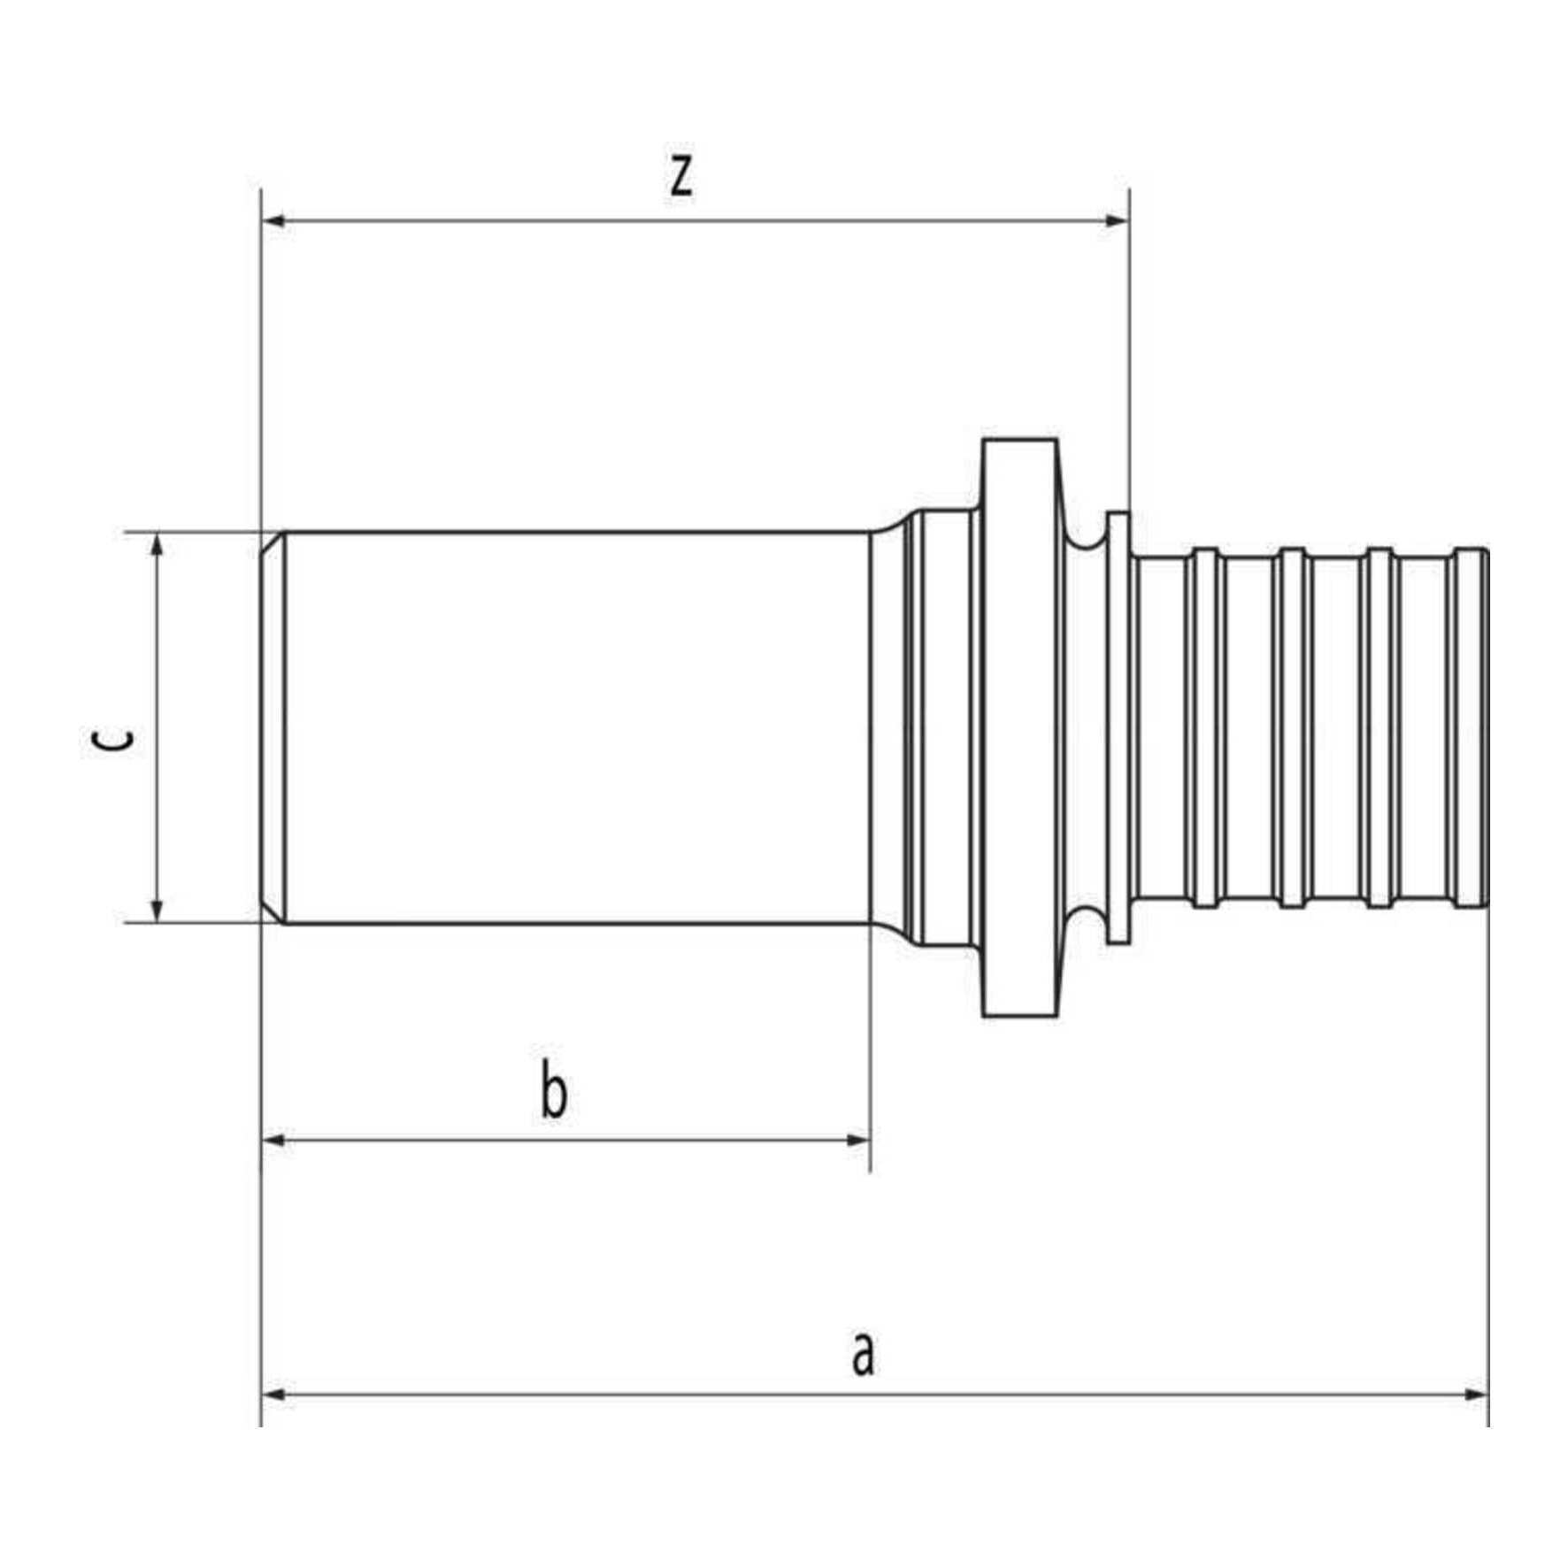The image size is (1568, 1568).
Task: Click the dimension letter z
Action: coord(680,177)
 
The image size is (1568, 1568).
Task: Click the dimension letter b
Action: coord(554,1094)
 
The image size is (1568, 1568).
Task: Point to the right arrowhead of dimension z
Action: coord(1118,219)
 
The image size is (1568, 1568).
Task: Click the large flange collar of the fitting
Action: coord(1020,727)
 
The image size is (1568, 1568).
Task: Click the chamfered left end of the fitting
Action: coord(273,727)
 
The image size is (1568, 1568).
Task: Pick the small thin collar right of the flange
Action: coord(1119,727)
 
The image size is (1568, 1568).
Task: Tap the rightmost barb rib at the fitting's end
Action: coord(1472,727)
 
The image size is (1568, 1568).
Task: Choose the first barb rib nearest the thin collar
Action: coord(1205,727)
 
